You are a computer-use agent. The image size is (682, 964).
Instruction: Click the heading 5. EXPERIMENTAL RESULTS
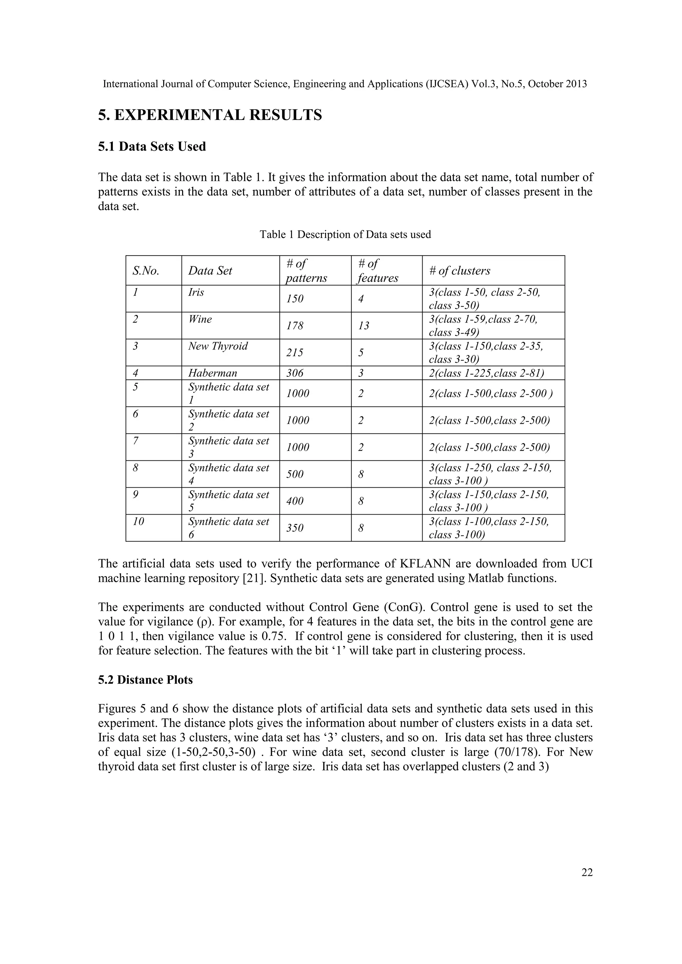click(210, 115)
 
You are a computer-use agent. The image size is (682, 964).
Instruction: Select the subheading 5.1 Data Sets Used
click(152, 146)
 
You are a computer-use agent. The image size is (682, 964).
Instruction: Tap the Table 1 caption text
click(345, 234)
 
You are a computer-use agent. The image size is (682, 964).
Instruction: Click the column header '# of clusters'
click(460, 271)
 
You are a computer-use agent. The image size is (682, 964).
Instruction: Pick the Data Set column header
click(210, 271)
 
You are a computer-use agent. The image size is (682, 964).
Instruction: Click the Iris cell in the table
click(196, 292)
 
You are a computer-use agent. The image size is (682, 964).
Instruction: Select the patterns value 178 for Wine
click(295, 326)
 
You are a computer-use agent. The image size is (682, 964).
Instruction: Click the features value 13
click(364, 326)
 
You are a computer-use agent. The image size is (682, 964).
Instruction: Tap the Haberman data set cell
click(212, 373)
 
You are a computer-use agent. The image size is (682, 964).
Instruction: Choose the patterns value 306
click(295, 373)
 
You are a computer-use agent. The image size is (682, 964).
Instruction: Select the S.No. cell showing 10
click(138, 522)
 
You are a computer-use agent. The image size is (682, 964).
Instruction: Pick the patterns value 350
click(295, 528)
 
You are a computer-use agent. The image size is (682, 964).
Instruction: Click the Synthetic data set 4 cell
click(228, 474)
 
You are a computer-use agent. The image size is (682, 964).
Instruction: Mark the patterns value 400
click(295, 501)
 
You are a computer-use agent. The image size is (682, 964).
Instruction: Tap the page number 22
click(587, 872)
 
